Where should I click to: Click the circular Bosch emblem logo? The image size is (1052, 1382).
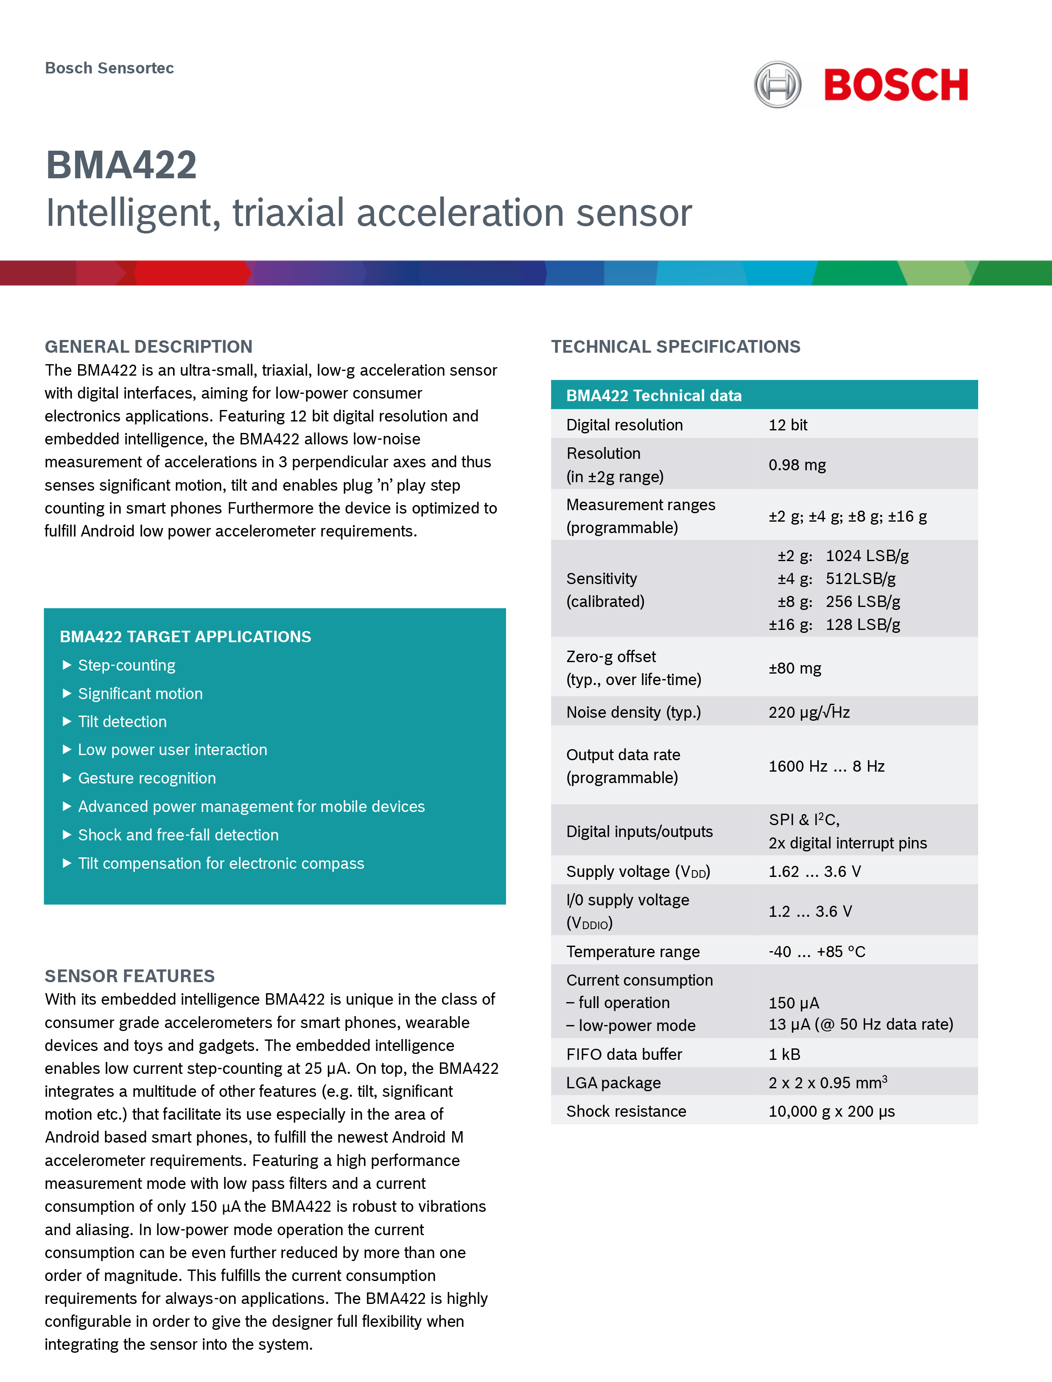777,84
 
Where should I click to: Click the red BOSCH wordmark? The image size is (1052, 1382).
895,85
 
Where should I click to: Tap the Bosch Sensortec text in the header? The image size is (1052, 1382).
109,68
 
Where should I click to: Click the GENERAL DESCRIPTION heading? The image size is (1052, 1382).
148,346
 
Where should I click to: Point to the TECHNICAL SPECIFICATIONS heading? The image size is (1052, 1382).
675,346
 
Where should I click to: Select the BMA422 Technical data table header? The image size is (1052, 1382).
654,395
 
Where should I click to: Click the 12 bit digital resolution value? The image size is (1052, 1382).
788,425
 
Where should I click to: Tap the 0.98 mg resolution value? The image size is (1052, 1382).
797,465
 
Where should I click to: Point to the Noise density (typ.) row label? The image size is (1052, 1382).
633,712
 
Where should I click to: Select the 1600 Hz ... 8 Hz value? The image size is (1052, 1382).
826,766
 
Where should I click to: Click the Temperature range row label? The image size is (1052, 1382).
632,952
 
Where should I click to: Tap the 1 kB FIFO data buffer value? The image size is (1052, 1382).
784,1054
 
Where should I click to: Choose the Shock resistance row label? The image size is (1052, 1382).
626,1111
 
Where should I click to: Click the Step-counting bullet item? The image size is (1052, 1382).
126,665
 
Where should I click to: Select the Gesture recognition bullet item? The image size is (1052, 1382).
146,778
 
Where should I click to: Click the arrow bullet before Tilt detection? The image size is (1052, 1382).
67,722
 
